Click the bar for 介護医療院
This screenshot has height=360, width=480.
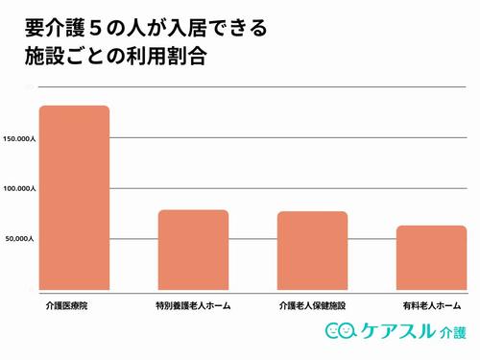pos(74,197)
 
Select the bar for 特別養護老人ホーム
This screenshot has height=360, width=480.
pos(193,250)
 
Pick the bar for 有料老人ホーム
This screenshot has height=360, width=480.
pos(431,257)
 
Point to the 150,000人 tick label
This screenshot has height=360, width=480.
pos(20,139)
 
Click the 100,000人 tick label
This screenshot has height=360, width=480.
pos(20,189)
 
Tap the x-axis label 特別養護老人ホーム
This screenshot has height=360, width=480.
pos(193,306)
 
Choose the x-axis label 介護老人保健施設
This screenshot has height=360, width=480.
pos(312,306)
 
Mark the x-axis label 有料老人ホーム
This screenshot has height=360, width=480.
pos(431,306)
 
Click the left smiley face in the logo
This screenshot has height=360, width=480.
pos(333,332)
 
